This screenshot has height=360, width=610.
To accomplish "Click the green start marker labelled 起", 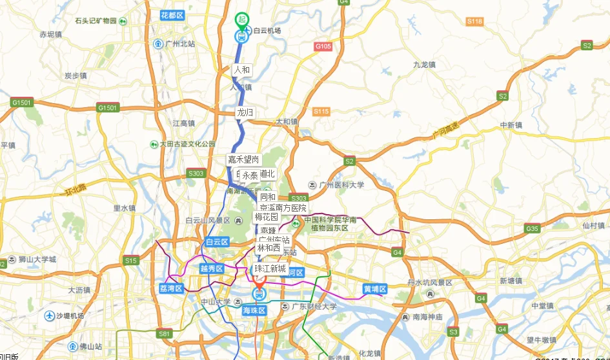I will (x=241, y=20).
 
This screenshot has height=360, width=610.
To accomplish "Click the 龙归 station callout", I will (x=245, y=112).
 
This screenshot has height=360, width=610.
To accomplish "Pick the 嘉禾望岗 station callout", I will (x=243, y=159).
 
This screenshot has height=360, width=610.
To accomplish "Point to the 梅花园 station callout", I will (x=266, y=217).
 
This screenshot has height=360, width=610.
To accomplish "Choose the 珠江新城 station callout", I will (x=270, y=268).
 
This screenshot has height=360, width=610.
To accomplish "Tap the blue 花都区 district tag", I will (x=172, y=14).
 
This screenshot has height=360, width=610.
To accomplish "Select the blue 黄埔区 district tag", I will (x=374, y=288).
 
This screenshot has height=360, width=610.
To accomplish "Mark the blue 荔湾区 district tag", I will (x=171, y=288).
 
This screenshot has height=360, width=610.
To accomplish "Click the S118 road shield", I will (x=474, y=21).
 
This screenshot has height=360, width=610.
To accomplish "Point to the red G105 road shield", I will (x=323, y=46).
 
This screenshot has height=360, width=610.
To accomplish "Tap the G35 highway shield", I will (x=532, y=228).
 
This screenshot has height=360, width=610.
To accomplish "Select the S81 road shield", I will (x=165, y=333).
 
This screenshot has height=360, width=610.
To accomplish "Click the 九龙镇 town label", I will (x=424, y=65).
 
